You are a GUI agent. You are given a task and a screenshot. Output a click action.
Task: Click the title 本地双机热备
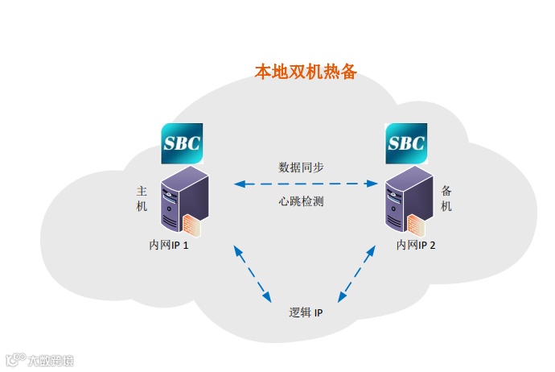tap(305, 72)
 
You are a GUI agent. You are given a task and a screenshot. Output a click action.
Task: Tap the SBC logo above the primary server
tap(182, 143)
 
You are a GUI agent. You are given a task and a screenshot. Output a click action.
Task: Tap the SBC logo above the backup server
tap(406, 143)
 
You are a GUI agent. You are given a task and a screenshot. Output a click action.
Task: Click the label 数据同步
tap(301, 167)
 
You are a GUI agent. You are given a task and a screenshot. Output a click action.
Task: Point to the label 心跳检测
tap(301, 201)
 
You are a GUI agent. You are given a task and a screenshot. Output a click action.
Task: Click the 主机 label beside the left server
tap(142, 199)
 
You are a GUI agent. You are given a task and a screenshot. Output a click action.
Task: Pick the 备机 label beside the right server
tap(447, 199)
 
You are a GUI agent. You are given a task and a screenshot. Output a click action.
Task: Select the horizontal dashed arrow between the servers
tap(306, 184)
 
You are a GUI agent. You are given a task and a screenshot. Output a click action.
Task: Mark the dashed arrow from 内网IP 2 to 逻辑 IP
tap(356, 275)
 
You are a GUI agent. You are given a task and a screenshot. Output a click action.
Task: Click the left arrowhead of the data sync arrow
tap(239, 184)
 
